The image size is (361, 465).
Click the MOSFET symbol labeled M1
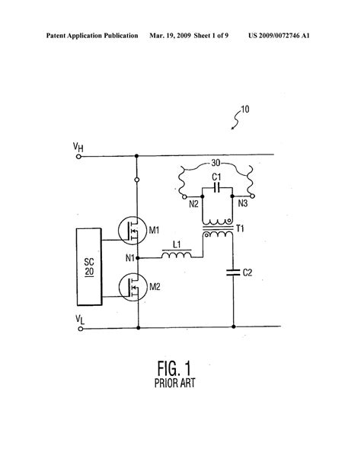tap(132, 231)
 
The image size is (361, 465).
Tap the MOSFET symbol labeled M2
tap(133, 287)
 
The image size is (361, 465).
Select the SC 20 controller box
tap(89, 266)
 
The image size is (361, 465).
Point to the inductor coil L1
tap(177, 254)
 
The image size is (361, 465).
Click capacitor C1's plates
tap(217, 187)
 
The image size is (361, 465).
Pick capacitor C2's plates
tap(233, 272)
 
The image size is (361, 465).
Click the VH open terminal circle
tap(78, 156)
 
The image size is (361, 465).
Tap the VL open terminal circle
tap(81, 329)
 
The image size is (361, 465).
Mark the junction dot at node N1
tap(138, 258)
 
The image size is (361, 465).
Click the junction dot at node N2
tap(203, 196)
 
